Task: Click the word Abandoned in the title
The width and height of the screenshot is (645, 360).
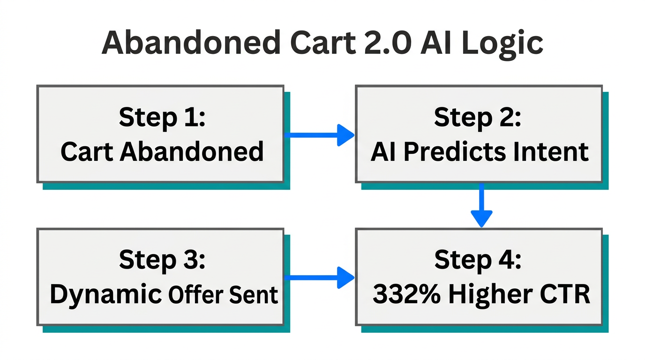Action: pos(190,43)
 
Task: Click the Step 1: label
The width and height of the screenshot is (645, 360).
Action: pos(162,117)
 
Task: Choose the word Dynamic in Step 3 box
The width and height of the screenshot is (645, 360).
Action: pos(105,294)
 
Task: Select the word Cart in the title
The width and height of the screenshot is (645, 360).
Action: pos(317,43)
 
